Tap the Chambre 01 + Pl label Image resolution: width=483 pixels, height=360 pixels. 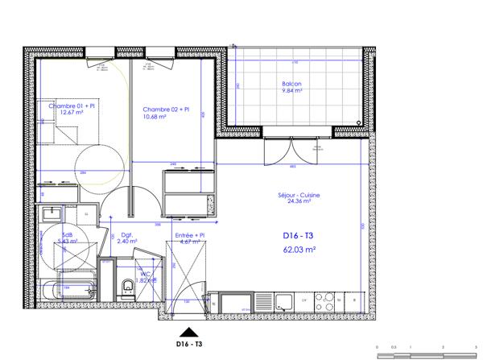point(70,106)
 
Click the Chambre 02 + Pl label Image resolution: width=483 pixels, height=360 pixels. point(165,109)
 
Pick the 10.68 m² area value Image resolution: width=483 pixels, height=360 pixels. point(155,117)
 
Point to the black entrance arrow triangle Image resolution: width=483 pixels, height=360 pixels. point(188,331)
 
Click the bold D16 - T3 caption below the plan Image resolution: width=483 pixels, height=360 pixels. point(188,344)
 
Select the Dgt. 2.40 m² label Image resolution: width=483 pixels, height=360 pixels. point(128,238)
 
